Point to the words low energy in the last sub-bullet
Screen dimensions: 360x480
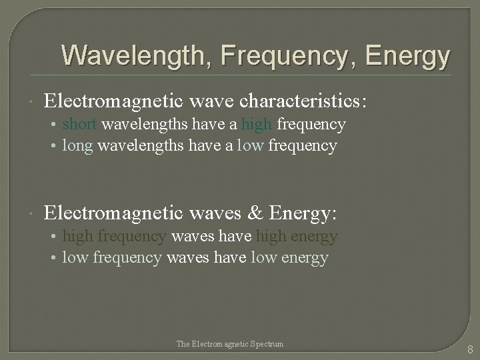(290, 257)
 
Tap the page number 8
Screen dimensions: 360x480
(470, 349)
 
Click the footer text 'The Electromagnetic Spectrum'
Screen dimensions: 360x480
(230, 344)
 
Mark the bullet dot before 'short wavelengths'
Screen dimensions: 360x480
(55, 125)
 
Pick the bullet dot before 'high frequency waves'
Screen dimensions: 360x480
(55, 237)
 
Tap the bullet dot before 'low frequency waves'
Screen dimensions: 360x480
(55, 258)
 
